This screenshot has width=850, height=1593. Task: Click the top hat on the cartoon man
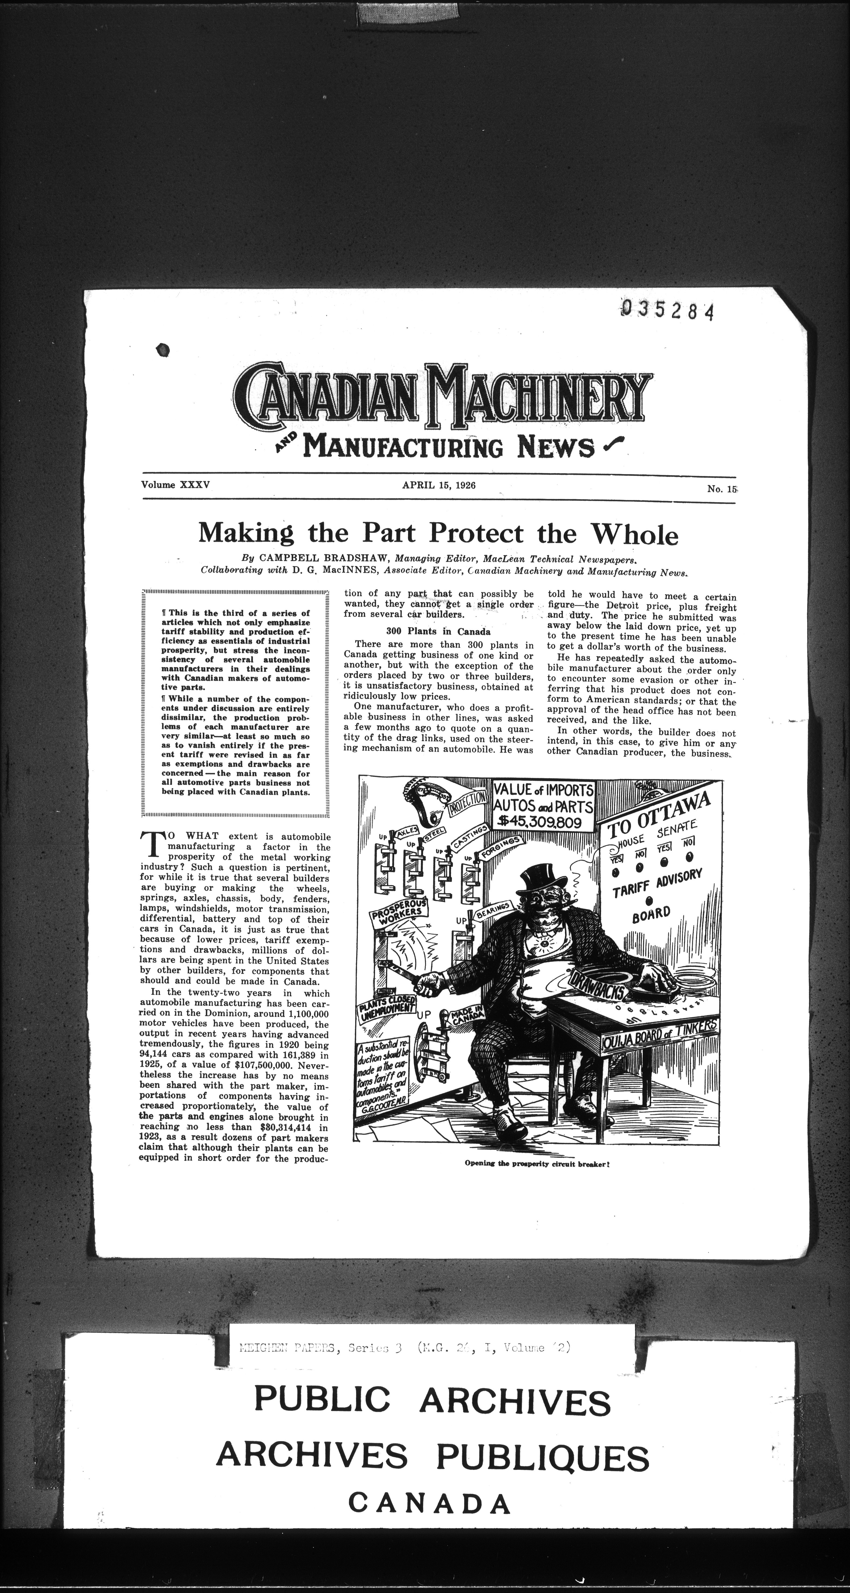pos(539,878)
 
